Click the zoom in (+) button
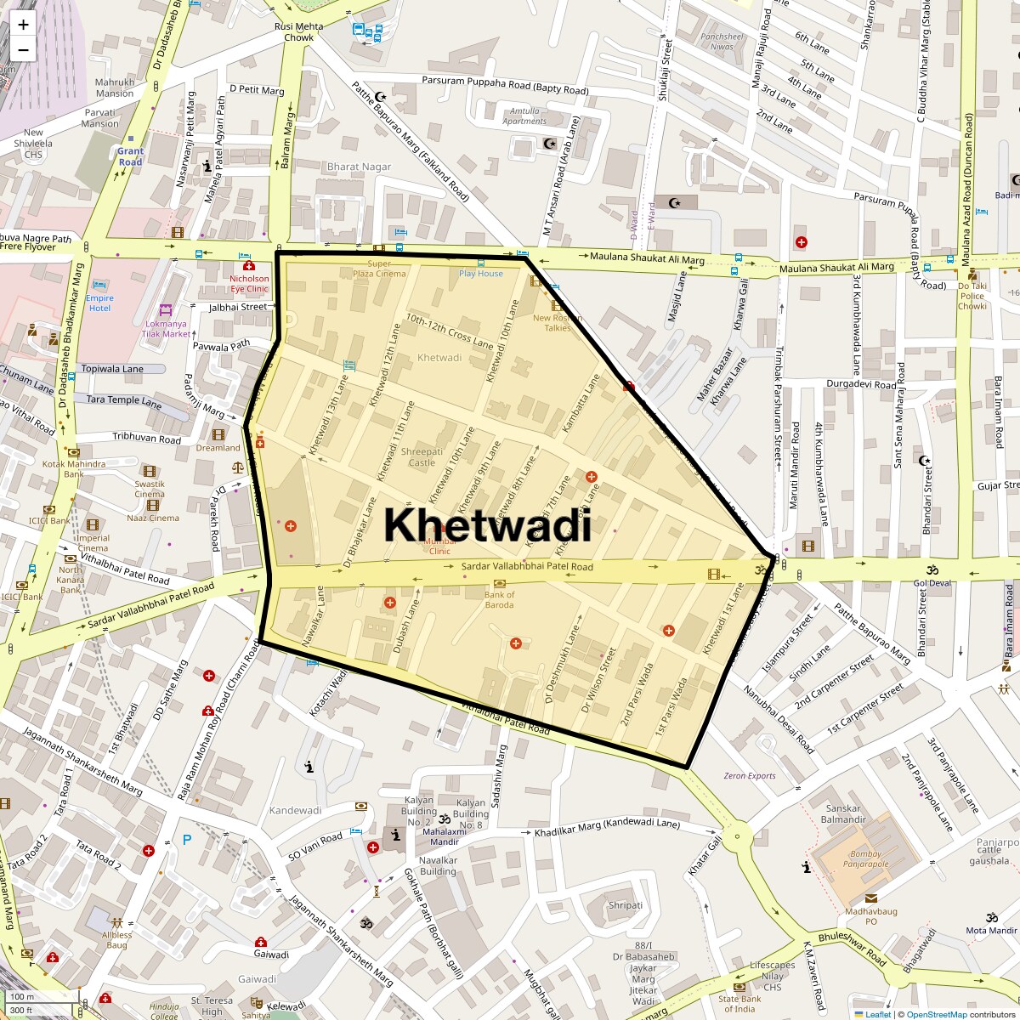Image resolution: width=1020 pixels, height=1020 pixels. click(x=23, y=25)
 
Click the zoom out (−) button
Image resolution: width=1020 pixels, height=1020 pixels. click(x=23, y=50)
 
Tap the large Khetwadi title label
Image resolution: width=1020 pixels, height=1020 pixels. click(x=487, y=524)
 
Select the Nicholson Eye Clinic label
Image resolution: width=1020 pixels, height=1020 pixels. click(x=249, y=284)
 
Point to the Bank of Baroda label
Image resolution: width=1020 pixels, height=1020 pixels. click(x=499, y=600)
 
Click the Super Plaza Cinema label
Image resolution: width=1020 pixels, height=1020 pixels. click(x=380, y=269)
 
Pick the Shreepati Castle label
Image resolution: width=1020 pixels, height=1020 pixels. click(x=422, y=457)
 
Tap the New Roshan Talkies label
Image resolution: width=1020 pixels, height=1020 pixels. click(x=558, y=323)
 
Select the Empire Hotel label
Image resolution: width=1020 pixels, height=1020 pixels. click(x=99, y=303)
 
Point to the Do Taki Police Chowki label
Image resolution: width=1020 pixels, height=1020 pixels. click(x=972, y=296)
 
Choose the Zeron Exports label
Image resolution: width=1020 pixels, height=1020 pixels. click(x=750, y=775)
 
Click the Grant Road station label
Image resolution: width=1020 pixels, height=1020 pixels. click(x=130, y=156)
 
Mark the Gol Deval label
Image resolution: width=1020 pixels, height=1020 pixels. click(x=932, y=583)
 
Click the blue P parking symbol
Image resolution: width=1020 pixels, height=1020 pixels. click(x=187, y=840)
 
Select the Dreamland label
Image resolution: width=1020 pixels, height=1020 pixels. click(x=218, y=448)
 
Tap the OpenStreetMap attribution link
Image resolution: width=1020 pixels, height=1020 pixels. click(x=936, y=1014)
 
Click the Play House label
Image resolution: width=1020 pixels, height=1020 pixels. click(x=481, y=274)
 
